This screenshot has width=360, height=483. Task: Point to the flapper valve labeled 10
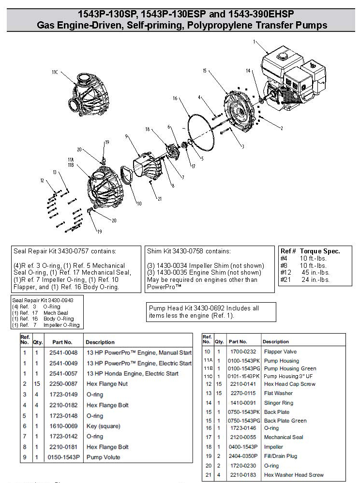[x=128, y=177]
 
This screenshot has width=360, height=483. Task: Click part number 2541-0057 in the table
[x=61, y=373]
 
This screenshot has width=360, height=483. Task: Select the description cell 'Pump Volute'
[x=103, y=457]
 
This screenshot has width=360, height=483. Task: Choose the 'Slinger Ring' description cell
[x=279, y=402]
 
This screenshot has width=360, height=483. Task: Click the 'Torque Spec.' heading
[x=320, y=251]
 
